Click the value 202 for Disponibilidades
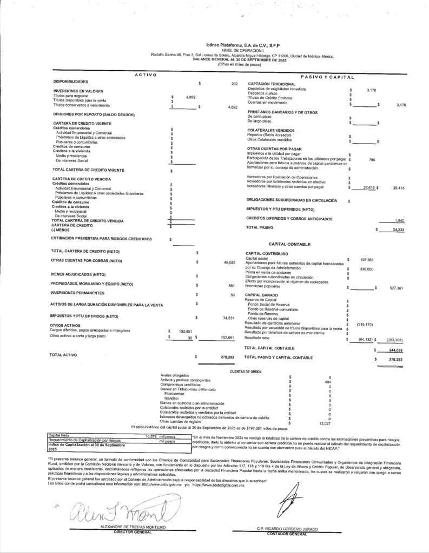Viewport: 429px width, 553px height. tap(234, 84)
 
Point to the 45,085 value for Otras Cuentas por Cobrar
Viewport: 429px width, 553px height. tap(229, 262)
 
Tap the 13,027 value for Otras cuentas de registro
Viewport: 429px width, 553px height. tap(325, 423)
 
